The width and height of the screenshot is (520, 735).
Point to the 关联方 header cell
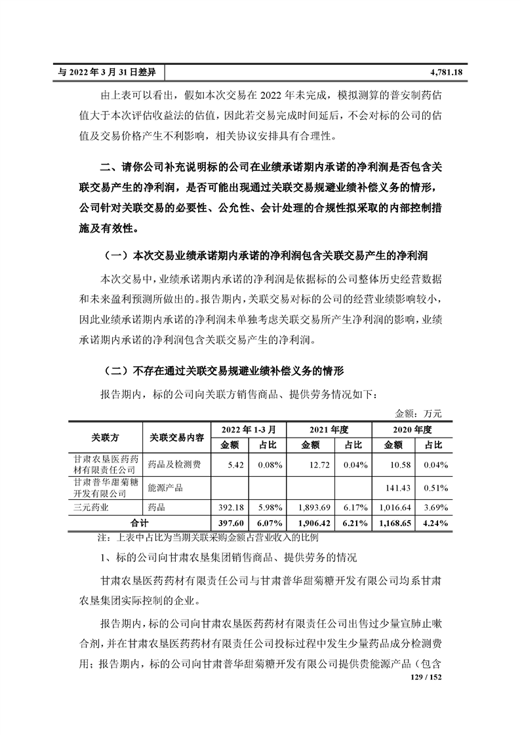[105, 437]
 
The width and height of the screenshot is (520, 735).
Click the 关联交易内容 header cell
[176, 437]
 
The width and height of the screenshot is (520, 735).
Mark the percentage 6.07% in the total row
[269, 523]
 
